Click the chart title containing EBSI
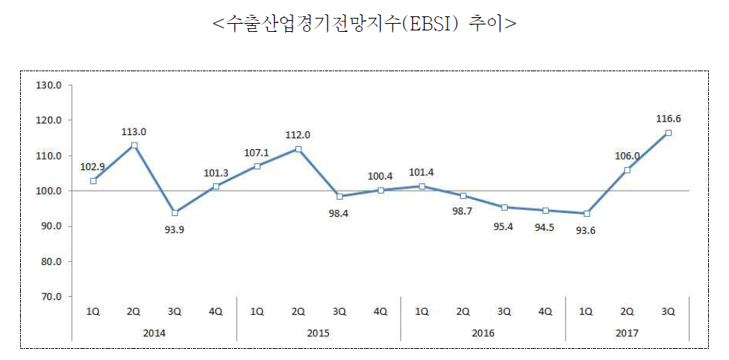(x=364, y=23)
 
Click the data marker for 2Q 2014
(x=134, y=145)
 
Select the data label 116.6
(x=669, y=118)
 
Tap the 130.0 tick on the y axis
(x=48, y=85)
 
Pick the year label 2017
(x=628, y=333)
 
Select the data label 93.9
(x=175, y=228)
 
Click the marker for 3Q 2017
(x=669, y=133)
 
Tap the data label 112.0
(x=298, y=134)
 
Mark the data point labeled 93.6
(x=586, y=214)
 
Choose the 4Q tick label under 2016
(x=545, y=312)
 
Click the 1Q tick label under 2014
(x=94, y=312)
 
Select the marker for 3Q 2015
(x=340, y=197)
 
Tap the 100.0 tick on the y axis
(x=48, y=191)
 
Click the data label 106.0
(x=627, y=155)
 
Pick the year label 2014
(x=154, y=333)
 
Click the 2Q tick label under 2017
(x=627, y=312)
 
